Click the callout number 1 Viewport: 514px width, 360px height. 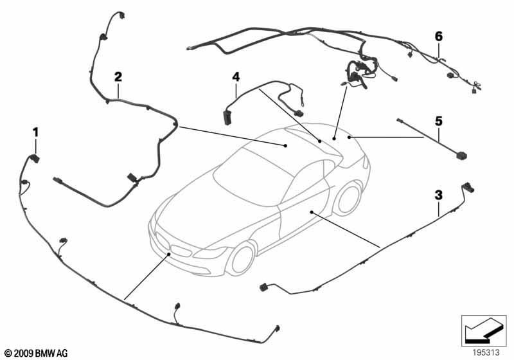coord(35,132)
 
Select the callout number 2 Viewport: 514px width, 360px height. coord(118,76)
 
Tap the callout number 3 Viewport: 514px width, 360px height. coord(439,195)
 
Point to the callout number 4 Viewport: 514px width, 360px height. coord(236,77)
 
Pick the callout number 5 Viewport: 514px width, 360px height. coord(439,122)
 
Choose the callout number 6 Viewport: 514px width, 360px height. coord(439,36)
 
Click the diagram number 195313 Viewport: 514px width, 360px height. coord(486,352)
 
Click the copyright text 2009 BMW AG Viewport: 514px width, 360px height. coord(36,353)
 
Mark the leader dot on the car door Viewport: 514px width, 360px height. coord(312,212)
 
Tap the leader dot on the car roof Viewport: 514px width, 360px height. coord(285,145)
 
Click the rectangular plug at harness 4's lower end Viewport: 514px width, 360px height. coord(227,118)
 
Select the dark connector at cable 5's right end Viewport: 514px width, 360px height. coord(461,155)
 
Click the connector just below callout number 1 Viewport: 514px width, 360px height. coord(35,158)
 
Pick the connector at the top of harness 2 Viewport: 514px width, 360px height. coord(121,15)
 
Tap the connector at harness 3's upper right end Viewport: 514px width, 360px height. coord(468,188)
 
